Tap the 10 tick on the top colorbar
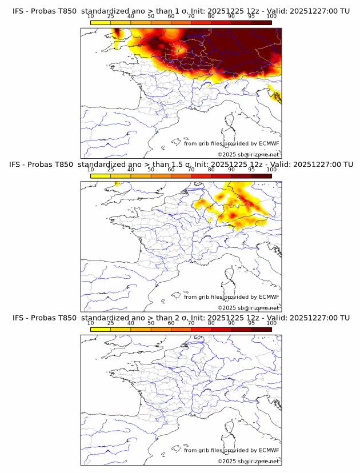(x=91, y=17)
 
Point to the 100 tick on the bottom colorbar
(x=271, y=323)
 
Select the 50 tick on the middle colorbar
(x=151, y=170)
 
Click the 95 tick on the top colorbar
(x=251, y=17)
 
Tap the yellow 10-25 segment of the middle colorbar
(x=101, y=175)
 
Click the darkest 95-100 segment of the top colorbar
(x=261, y=22)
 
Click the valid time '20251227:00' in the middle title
(x=318, y=165)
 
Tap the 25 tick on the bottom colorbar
(x=111, y=323)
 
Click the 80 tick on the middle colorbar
(x=211, y=170)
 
